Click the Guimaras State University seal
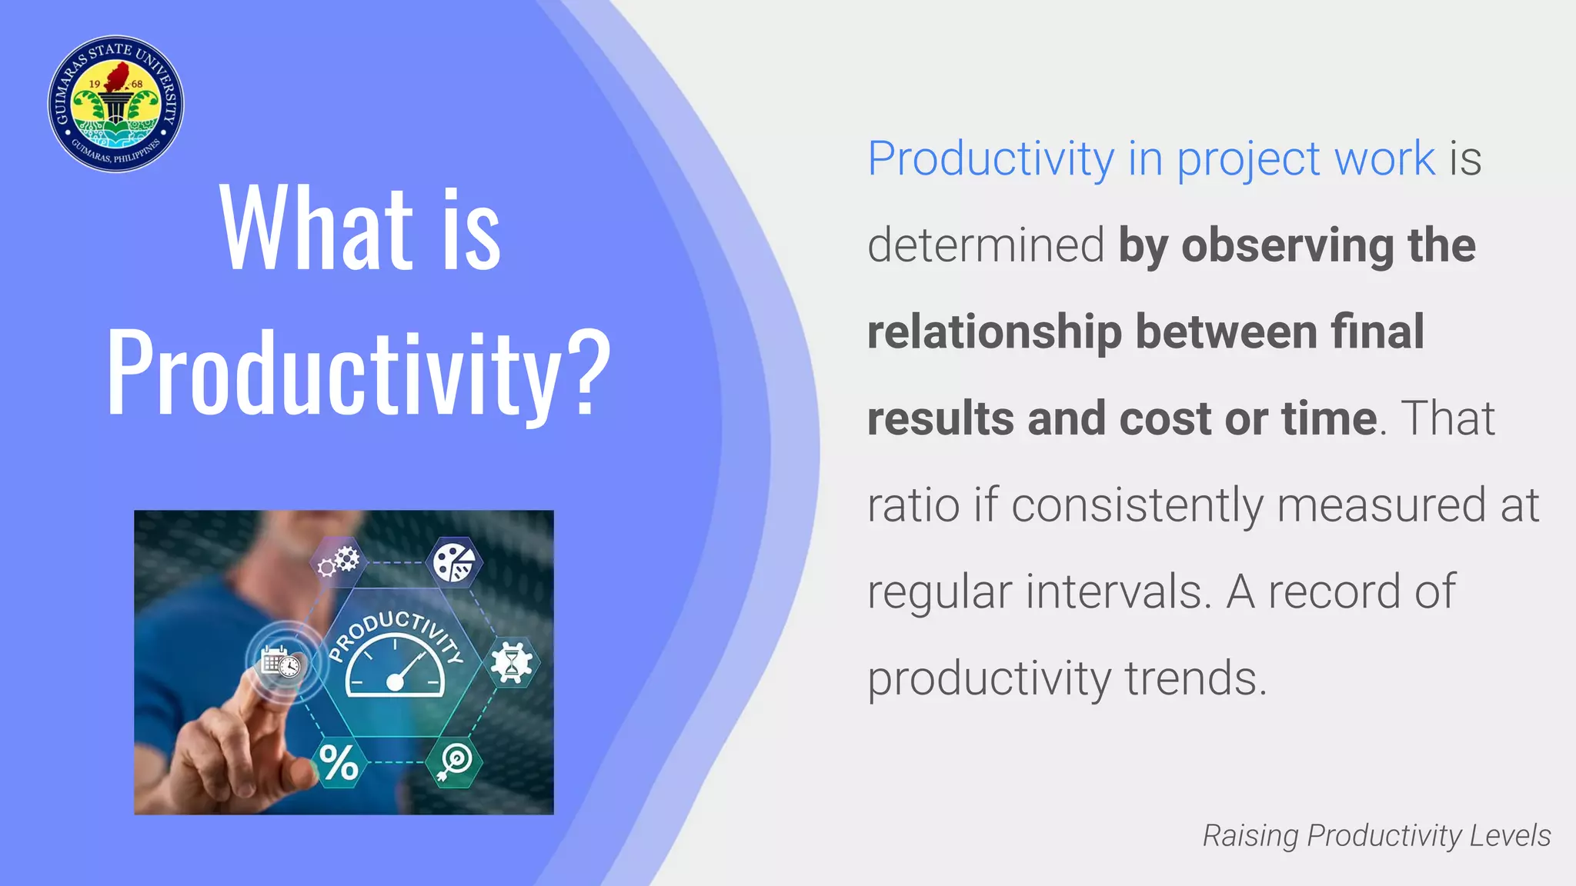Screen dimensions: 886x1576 (x=115, y=104)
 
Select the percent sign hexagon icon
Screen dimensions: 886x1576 (x=339, y=762)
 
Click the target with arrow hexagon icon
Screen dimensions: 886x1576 (x=455, y=762)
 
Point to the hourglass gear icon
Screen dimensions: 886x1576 (x=512, y=661)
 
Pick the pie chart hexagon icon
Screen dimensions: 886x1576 (x=454, y=562)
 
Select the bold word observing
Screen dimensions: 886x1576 (x=1287, y=245)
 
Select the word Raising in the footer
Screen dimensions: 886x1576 (x=1250, y=836)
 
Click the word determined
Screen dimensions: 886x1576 (x=986, y=245)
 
